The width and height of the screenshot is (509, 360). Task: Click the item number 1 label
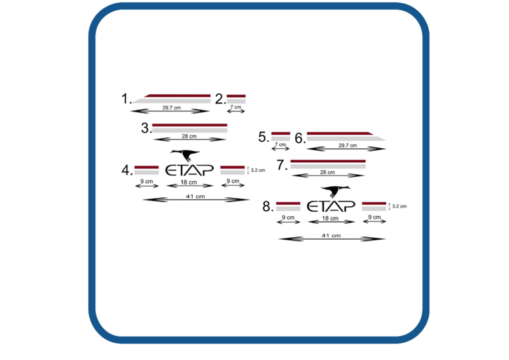click(126, 99)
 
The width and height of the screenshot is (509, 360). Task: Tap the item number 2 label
click(220, 99)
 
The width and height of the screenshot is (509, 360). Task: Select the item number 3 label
click(146, 128)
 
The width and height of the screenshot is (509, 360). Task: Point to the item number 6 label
click(300, 138)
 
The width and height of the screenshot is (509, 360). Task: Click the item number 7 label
click(282, 165)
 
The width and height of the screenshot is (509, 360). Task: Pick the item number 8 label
click(268, 207)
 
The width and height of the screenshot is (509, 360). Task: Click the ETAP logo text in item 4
click(190, 170)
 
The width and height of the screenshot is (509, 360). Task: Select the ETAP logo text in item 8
click(331, 206)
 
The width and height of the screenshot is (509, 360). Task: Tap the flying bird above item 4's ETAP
click(185, 155)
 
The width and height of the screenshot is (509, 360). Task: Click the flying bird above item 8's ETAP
click(336, 191)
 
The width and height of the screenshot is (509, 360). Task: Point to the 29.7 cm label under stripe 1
click(171, 107)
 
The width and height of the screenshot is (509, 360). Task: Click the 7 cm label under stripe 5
click(280, 144)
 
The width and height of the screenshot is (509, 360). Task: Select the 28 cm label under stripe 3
click(189, 136)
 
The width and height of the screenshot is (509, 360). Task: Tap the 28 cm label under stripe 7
click(327, 172)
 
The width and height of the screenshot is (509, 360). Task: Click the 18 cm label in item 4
click(188, 182)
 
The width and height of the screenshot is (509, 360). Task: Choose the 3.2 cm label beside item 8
click(400, 206)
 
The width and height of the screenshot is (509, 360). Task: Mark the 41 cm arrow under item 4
click(196, 200)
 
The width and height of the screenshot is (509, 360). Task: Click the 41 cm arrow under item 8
click(331, 239)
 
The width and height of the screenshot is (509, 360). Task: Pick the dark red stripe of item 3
click(190, 125)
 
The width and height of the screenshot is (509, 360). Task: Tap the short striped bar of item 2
click(236, 99)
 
